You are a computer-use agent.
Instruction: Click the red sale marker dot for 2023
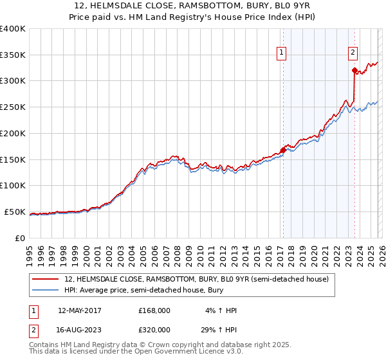[354, 71]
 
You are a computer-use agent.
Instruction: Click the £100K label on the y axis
[13, 186]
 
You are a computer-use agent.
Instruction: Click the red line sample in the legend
[46, 279]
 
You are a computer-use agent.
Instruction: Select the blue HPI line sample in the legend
[46, 291]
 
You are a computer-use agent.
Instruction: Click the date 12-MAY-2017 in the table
[80, 310]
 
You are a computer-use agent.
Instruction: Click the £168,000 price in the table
[154, 310]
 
